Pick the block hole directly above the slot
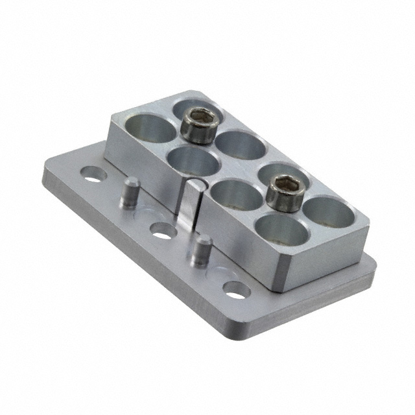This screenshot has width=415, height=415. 192,160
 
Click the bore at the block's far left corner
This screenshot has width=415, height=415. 150,127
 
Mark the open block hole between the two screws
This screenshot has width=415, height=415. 241,145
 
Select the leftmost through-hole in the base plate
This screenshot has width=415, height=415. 92,173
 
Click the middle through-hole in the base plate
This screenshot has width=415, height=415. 162,230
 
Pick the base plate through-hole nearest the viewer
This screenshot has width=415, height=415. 237,289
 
